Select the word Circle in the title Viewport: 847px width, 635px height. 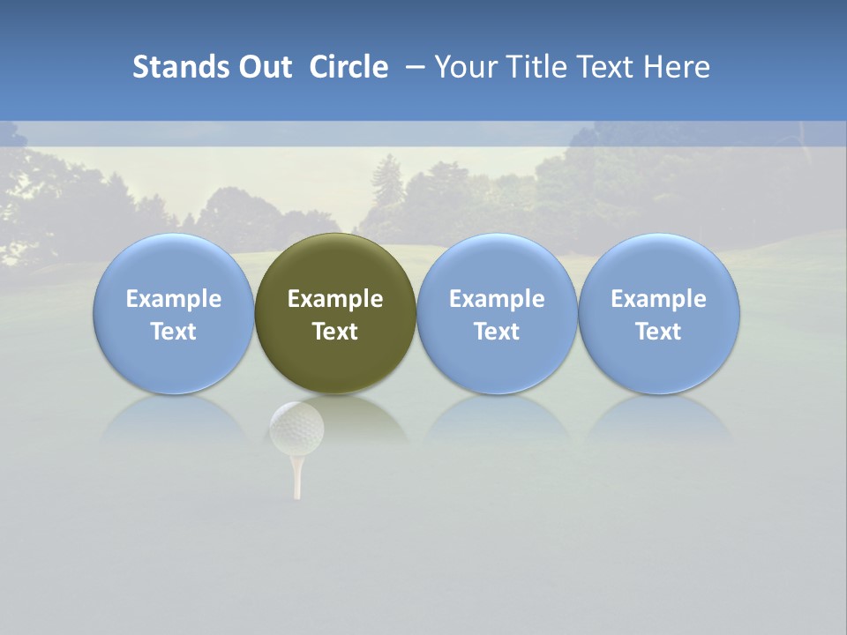[349, 67]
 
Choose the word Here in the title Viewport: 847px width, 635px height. [678, 67]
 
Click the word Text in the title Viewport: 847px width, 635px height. [605, 67]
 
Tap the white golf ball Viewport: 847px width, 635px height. [296, 427]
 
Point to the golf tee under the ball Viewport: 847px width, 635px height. [297, 476]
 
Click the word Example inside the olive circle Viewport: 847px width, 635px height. [335, 299]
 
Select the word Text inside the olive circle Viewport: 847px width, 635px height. [335, 332]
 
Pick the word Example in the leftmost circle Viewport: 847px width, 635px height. [174, 299]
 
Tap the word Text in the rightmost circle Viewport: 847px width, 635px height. [659, 332]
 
